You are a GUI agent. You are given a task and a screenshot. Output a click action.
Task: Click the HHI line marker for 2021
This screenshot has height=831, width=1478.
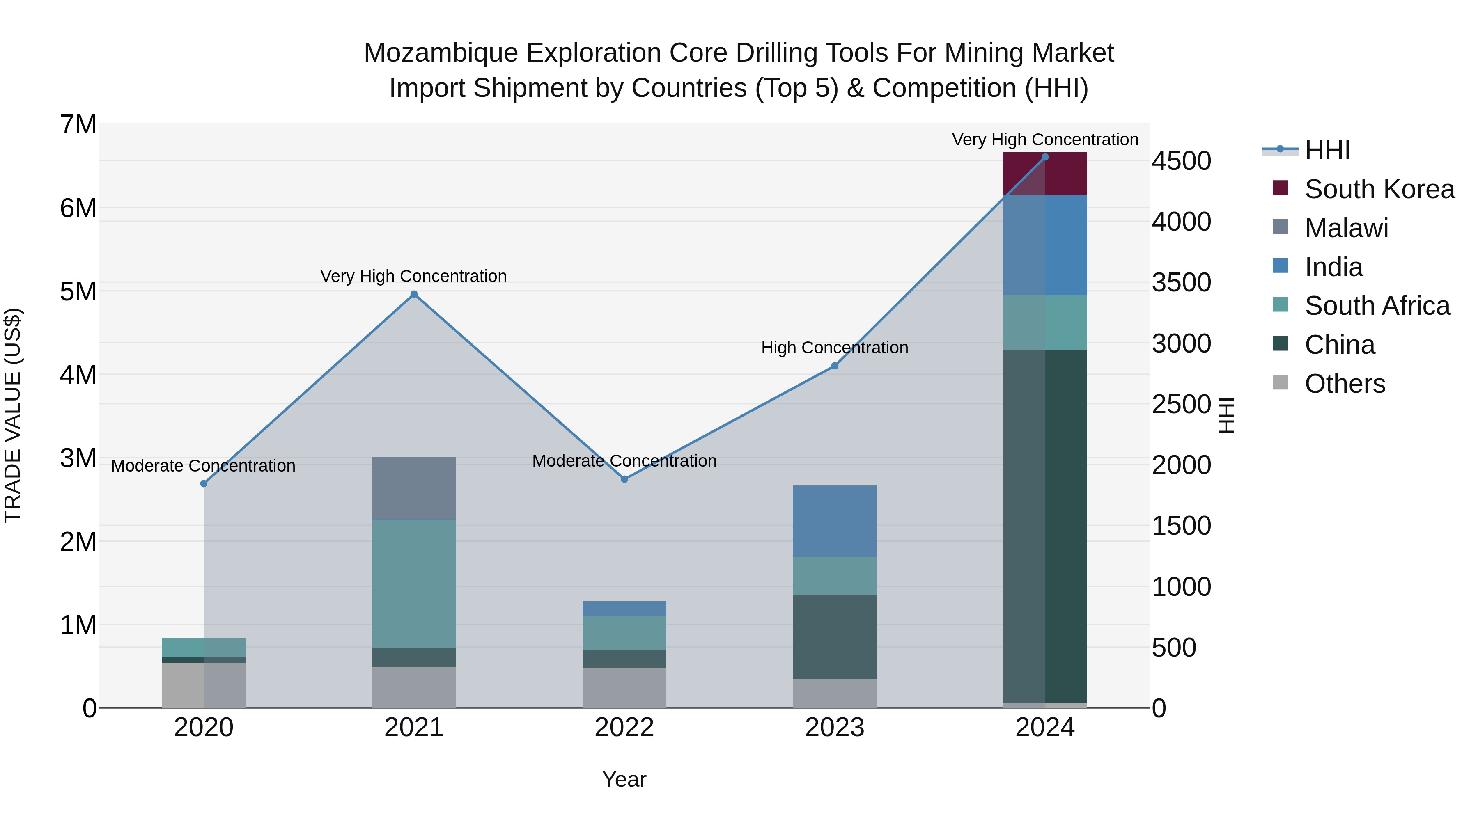pyautogui.click(x=414, y=294)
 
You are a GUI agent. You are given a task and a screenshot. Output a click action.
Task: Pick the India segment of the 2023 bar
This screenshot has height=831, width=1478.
pyautogui.click(x=834, y=521)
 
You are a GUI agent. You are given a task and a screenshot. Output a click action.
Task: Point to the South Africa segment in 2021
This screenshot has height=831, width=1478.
pyautogui.click(x=414, y=584)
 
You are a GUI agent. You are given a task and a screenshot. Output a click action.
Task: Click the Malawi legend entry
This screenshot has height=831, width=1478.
pyautogui.click(x=1346, y=228)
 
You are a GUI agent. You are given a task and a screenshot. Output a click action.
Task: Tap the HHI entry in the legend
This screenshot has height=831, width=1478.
pyautogui.click(x=1327, y=150)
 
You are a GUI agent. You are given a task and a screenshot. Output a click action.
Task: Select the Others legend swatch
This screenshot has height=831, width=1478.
pyautogui.click(x=1280, y=382)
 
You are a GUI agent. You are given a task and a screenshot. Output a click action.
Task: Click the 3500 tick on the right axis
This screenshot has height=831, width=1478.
pyautogui.click(x=1181, y=283)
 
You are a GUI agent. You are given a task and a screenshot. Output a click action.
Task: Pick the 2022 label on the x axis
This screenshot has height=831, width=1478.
pyautogui.click(x=624, y=728)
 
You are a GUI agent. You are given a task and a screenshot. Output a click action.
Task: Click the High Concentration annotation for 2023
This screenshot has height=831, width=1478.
pyautogui.click(x=834, y=348)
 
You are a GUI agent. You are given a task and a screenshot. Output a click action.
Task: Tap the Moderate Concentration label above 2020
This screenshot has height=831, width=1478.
pyautogui.click(x=203, y=466)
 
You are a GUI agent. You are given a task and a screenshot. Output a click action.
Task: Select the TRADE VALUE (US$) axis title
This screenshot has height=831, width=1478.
pyautogui.click(x=13, y=415)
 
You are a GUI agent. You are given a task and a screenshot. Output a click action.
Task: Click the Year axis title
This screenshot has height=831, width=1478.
pyautogui.click(x=624, y=779)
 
